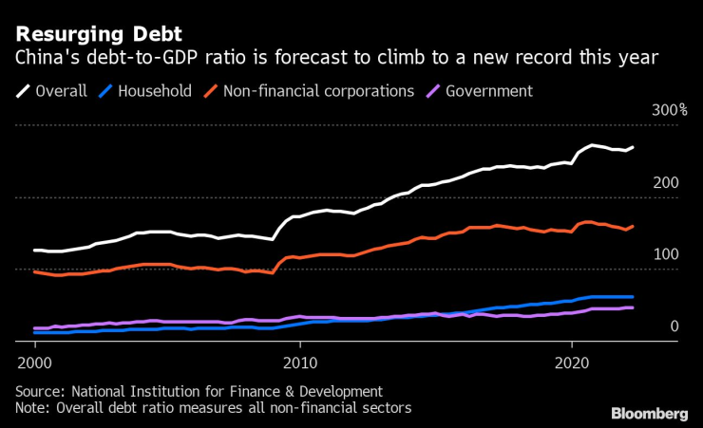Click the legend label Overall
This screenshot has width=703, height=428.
click(61, 91)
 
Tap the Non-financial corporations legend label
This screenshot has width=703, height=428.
click(318, 91)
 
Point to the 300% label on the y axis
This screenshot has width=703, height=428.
click(669, 111)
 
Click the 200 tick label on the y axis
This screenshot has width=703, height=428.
click(666, 182)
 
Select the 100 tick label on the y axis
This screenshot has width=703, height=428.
click(666, 254)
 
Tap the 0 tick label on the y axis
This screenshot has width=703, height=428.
click(674, 326)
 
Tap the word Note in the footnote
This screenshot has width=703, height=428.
click(32, 408)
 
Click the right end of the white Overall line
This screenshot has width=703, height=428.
click(634, 147)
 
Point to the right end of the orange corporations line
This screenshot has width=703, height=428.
click(634, 226)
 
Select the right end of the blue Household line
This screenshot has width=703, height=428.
click(634, 297)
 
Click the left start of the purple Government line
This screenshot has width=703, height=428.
click(34, 328)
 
